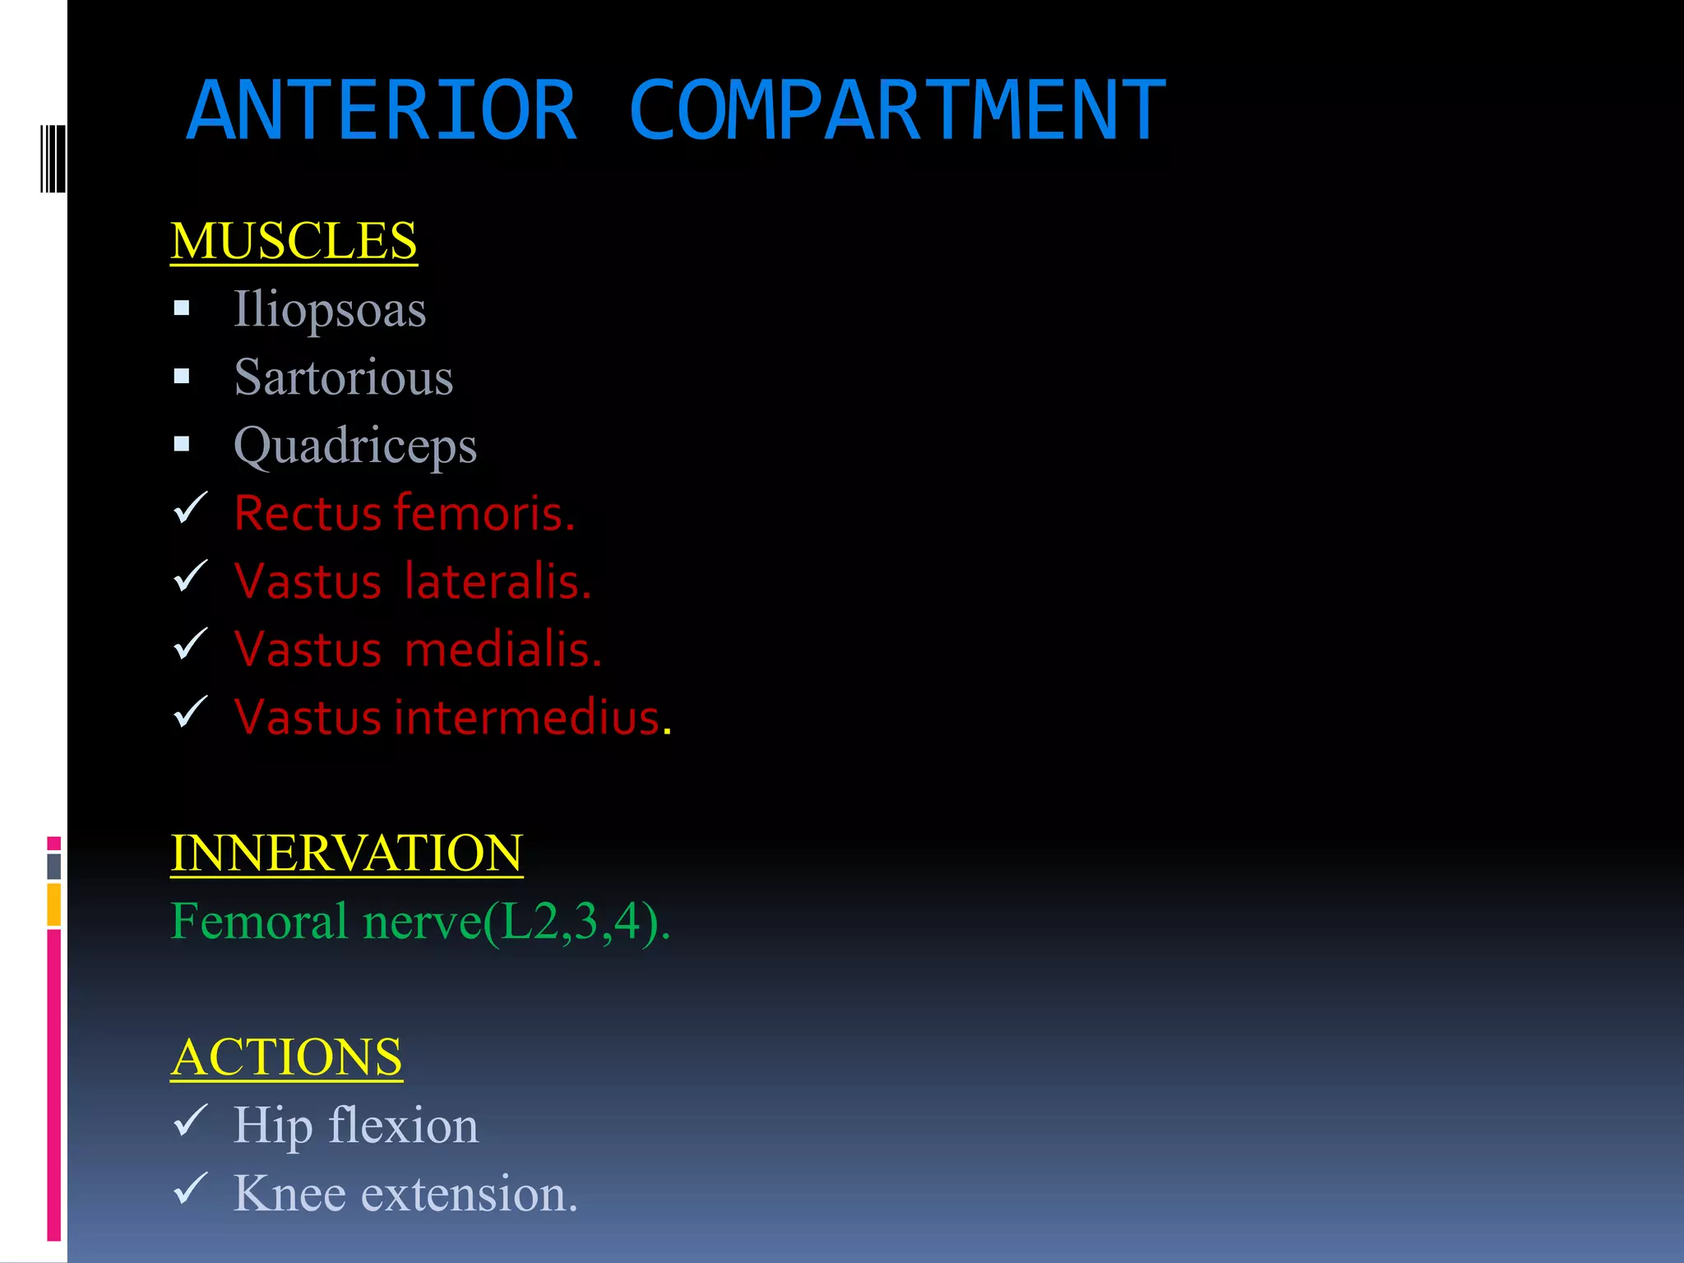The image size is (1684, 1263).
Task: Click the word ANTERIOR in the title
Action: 382,110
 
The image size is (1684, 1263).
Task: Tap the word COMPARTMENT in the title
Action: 897,110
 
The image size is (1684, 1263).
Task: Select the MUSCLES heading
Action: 294,241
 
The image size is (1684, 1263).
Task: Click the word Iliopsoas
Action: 330,310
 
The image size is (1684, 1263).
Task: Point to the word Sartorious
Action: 344,377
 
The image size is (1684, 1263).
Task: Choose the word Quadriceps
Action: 355,446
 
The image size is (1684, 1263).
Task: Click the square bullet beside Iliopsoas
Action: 182,309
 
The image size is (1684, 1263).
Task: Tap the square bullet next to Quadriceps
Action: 182,445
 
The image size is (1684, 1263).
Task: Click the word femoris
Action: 484,513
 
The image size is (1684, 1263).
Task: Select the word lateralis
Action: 497,581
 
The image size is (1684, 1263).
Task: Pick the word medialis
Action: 503,650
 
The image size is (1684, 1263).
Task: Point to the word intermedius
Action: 527,717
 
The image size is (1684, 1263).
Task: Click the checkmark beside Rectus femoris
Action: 191,509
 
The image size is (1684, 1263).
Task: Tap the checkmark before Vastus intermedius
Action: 191,713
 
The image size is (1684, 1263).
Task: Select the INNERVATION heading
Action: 346,853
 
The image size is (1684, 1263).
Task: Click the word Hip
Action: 273,1126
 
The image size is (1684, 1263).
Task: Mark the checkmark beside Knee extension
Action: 191,1189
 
